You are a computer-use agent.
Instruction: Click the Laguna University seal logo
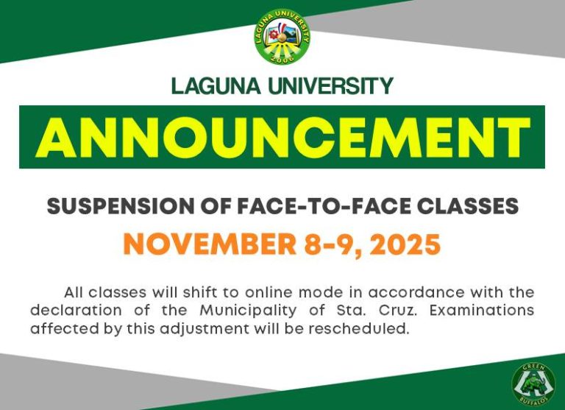(x=282, y=36)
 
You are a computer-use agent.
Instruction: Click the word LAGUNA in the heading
(x=214, y=86)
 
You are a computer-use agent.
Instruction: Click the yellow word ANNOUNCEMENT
(x=282, y=137)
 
